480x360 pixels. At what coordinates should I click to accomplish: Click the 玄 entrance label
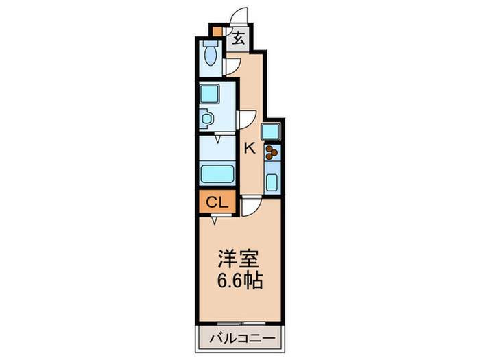point(237,39)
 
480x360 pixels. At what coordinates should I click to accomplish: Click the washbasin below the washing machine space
point(207,118)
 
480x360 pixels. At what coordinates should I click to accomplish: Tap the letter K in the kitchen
point(250,147)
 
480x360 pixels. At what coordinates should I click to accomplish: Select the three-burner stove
point(272,152)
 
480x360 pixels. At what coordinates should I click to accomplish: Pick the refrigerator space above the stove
point(270,130)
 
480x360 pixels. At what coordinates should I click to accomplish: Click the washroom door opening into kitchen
point(245,119)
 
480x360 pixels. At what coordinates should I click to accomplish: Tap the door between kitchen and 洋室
point(249,204)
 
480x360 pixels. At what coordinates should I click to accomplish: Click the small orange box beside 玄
point(217,32)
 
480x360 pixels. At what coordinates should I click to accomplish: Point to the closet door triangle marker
point(215,219)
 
